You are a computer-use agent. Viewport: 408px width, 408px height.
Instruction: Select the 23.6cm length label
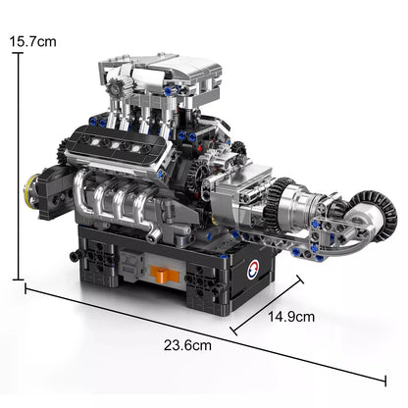(x=193, y=345)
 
